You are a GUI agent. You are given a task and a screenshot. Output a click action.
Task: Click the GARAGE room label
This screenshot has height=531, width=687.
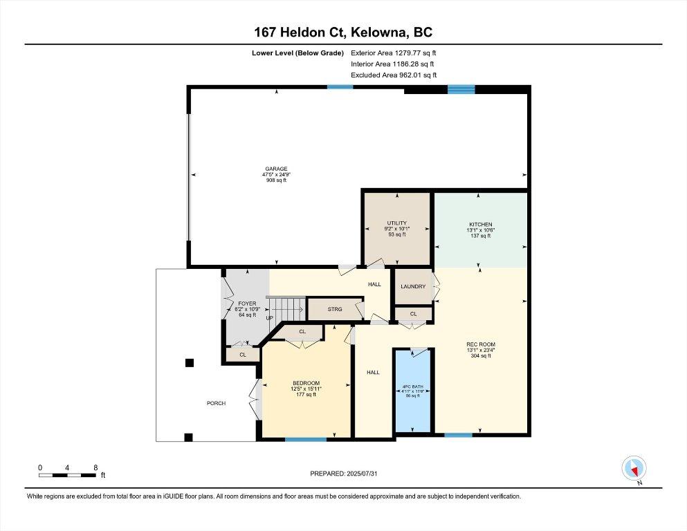[x=275, y=169]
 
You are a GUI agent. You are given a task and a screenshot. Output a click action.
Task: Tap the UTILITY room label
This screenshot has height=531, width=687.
[x=396, y=223]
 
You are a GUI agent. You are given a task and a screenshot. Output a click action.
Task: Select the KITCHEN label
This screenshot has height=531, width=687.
[x=480, y=225]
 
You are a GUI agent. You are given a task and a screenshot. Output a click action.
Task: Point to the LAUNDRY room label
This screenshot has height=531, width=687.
[x=413, y=286]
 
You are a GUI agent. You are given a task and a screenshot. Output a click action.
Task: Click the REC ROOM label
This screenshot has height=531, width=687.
[x=481, y=344]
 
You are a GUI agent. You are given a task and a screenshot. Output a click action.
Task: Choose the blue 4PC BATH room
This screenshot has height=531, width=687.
[x=413, y=391]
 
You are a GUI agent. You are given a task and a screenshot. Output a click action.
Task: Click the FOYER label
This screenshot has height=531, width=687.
[x=247, y=304]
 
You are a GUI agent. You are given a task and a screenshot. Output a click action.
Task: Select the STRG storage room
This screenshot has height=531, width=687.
[x=335, y=309]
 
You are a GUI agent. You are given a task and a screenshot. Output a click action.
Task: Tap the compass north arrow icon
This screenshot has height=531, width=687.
[x=634, y=468]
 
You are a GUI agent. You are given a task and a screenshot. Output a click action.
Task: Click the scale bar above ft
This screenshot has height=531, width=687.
[x=67, y=475]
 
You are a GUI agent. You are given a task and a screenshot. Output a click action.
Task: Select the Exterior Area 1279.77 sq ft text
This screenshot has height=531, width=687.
[x=394, y=52]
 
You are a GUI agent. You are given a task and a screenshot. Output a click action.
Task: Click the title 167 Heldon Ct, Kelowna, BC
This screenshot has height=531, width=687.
[x=343, y=32]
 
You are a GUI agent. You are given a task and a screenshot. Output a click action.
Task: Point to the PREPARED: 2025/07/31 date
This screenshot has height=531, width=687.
[x=343, y=474]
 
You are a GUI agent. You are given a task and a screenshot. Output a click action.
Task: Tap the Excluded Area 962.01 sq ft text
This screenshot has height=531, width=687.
[x=394, y=75]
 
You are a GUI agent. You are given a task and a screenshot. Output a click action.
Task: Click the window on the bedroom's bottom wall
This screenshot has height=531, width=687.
[x=305, y=439]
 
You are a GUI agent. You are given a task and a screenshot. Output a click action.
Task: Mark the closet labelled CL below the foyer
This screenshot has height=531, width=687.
[x=243, y=355]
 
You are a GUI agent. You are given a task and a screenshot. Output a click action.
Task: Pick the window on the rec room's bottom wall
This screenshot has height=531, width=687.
[x=458, y=435]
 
